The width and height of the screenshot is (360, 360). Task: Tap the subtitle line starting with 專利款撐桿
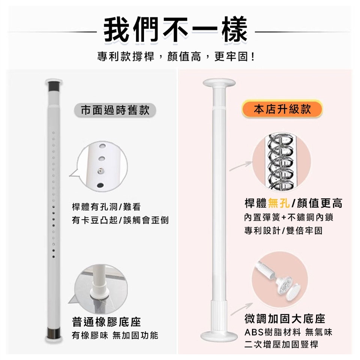[x=176, y=57]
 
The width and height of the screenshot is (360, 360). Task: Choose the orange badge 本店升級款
[x=282, y=109]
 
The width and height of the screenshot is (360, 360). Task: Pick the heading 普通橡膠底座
[x=106, y=322]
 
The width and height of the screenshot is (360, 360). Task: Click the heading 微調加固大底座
[x=285, y=319]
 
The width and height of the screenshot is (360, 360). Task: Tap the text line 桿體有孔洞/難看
[x=106, y=207]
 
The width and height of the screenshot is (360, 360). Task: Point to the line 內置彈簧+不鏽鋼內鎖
[x=288, y=217]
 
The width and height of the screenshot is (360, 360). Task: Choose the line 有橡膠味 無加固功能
[x=115, y=335]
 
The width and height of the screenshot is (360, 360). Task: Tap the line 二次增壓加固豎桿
[x=281, y=345]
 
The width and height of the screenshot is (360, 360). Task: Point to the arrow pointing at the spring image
[x=240, y=166]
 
